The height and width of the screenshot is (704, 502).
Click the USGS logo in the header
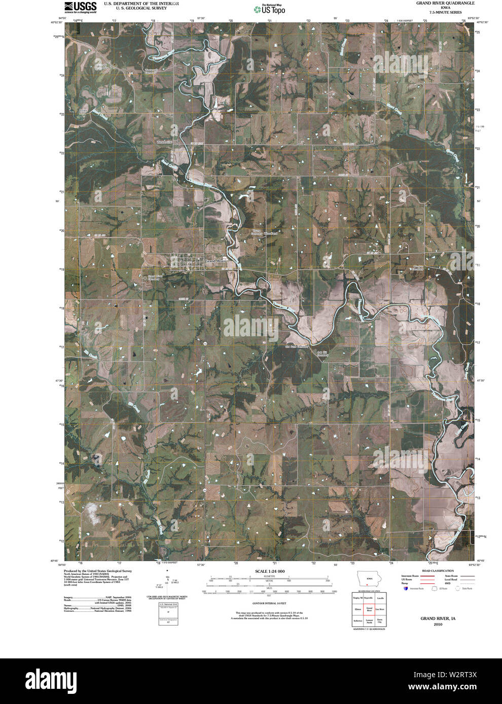[80, 7]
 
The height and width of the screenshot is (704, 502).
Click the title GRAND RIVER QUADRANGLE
[439, 3]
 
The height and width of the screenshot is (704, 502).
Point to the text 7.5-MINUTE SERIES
[439, 12]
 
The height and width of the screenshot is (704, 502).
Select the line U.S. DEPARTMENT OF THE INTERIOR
[141, 3]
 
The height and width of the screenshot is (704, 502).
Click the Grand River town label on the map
[217, 260]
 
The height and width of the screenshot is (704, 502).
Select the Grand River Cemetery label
[155, 278]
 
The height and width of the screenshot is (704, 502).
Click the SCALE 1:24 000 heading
[270, 571]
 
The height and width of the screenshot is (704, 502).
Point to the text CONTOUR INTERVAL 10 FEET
[269, 604]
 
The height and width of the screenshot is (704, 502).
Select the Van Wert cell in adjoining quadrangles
[380, 609]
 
